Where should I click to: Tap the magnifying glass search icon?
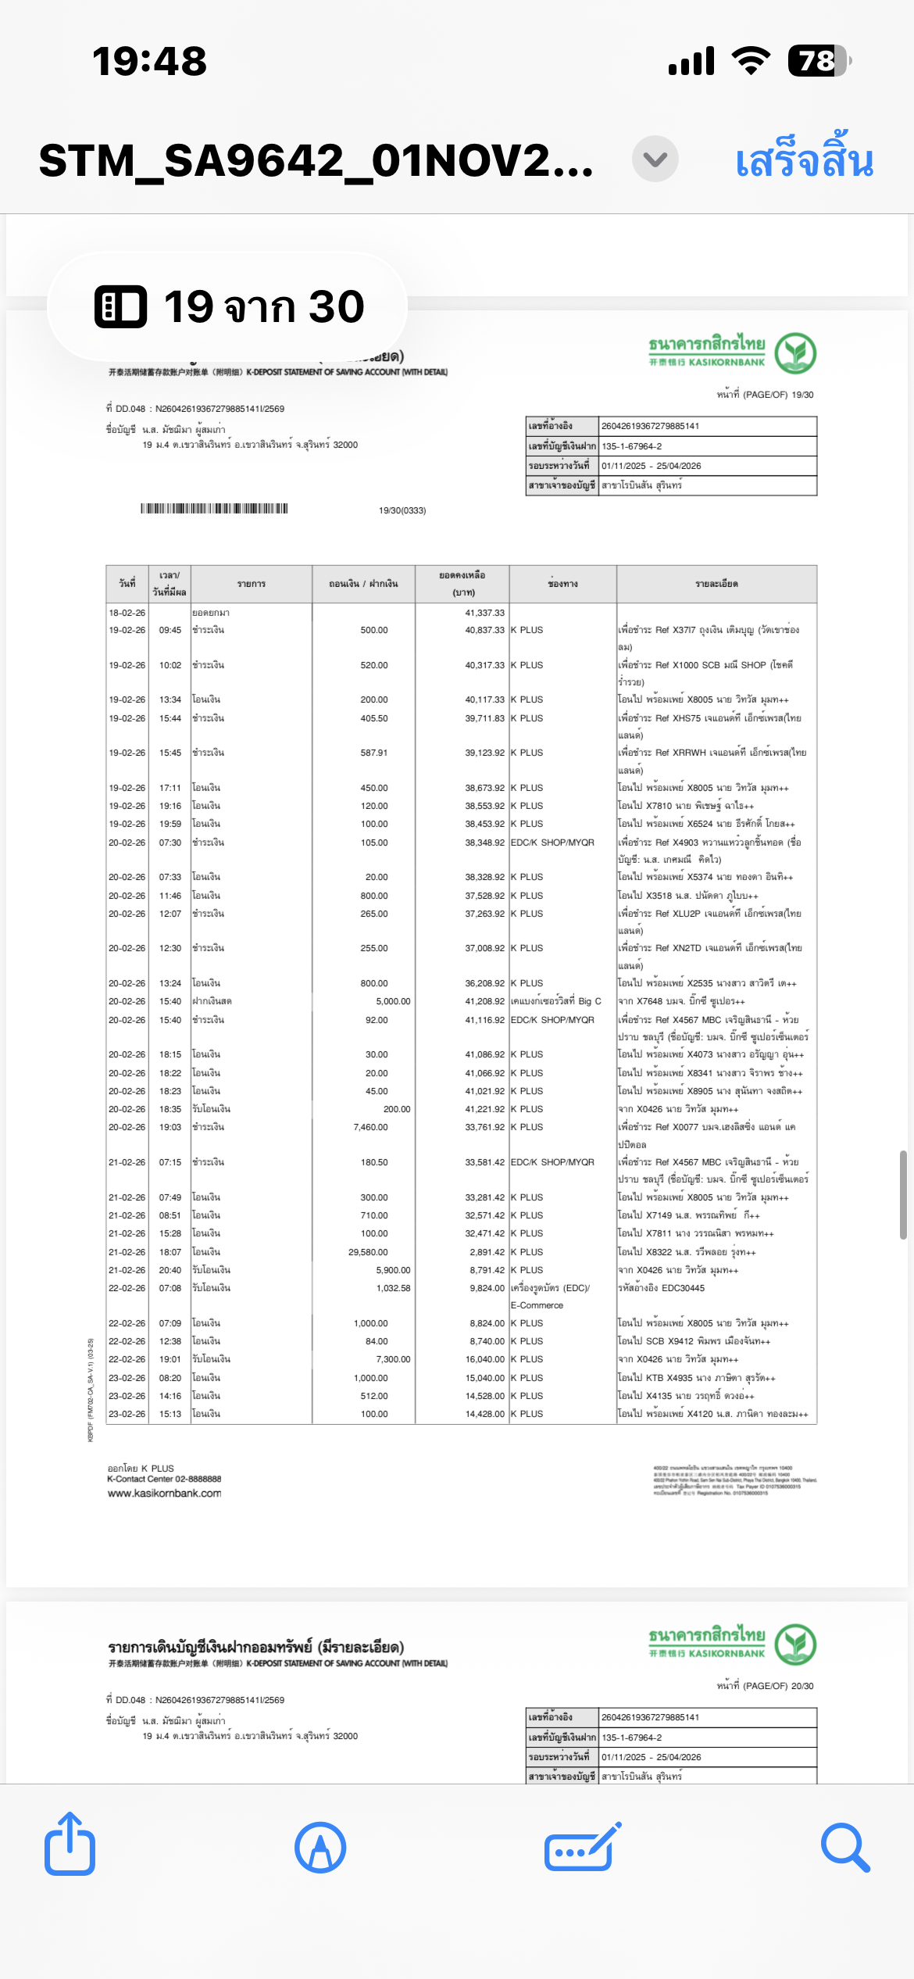[845, 1848]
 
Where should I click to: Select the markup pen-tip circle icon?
[320, 1848]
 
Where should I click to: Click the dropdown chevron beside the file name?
[655, 159]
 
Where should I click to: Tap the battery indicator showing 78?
[818, 61]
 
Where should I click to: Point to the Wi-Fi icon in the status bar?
[751, 60]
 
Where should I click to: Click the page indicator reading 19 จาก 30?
[228, 306]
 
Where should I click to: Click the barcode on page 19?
[214, 509]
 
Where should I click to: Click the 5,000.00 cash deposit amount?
[393, 1001]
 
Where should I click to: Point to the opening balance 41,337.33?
[484, 613]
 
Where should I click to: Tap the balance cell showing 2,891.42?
[487, 1252]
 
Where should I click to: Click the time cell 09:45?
[170, 630]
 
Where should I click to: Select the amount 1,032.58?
[393, 1288]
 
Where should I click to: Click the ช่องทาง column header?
[562, 584]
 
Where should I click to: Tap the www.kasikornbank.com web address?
[164, 1493]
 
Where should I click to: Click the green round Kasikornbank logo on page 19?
[795, 353]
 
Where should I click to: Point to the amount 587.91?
[374, 753]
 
